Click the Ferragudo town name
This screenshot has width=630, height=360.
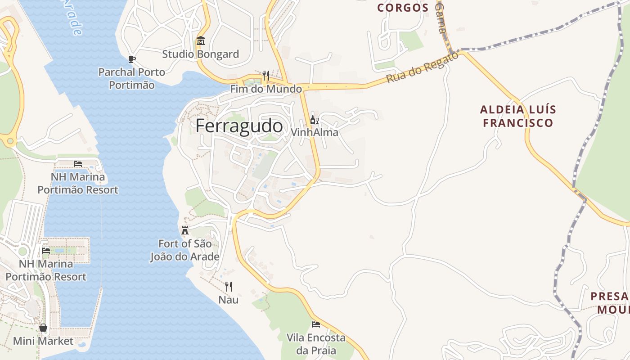click(x=239, y=126)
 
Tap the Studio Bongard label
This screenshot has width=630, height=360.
click(x=200, y=54)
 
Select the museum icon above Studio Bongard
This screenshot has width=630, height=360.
click(x=200, y=41)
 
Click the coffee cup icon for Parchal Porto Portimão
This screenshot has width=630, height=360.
click(x=132, y=59)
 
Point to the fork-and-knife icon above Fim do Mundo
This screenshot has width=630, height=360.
click(x=266, y=75)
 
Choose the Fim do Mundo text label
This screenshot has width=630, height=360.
click(x=266, y=89)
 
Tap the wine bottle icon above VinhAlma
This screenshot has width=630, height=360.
click(x=314, y=120)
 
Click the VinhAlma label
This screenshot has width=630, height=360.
click(x=314, y=133)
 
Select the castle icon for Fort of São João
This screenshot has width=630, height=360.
click(x=184, y=230)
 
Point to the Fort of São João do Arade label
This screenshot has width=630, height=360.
click(x=184, y=250)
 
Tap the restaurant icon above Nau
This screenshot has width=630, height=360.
click(x=229, y=286)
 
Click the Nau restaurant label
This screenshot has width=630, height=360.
click(x=229, y=300)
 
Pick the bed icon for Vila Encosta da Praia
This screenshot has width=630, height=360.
click(x=316, y=324)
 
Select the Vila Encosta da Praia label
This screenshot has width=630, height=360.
click(x=316, y=344)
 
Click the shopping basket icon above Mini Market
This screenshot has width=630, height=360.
click(x=43, y=328)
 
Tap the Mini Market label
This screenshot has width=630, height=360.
click(x=43, y=341)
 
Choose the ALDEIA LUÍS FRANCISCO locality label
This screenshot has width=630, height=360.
click(x=517, y=116)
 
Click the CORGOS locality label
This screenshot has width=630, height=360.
click(x=403, y=8)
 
